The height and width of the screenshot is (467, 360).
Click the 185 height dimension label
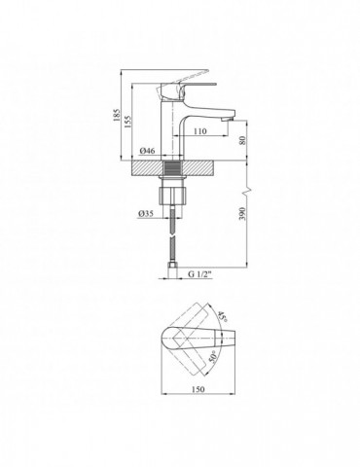pos(117,115)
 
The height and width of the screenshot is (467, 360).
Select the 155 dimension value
pos(127,122)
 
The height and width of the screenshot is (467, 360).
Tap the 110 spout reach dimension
pos(200,131)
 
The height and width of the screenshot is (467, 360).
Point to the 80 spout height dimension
pos(243,140)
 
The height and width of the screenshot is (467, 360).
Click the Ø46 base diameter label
pos(148,151)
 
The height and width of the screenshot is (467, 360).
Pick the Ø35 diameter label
pos(146,213)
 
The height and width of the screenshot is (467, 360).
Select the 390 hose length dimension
pos(243,213)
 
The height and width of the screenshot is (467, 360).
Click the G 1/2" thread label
pos(200,274)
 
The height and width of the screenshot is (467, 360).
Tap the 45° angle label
pos(221,315)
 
